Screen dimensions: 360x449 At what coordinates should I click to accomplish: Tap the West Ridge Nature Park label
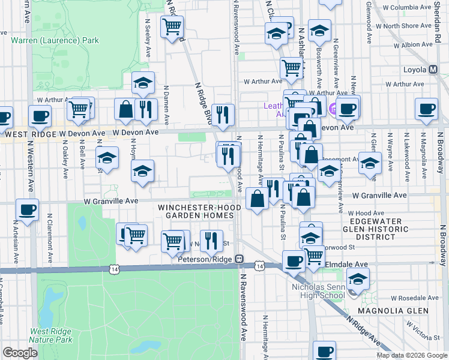(52, 335)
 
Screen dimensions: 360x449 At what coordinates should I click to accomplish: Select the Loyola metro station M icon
(432, 69)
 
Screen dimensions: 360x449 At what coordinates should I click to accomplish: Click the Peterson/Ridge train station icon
(239, 259)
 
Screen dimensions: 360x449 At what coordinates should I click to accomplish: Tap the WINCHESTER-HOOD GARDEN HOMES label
(195, 211)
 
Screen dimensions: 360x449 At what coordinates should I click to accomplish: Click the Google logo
(20, 352)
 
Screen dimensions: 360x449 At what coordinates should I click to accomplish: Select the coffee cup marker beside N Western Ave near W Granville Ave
(28, 211)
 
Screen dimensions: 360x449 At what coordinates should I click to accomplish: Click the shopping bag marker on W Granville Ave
(257, 199)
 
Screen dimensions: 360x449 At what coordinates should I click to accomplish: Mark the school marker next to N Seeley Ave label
(143, 84)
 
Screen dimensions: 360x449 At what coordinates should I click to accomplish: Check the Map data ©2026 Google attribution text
(411, 355)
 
